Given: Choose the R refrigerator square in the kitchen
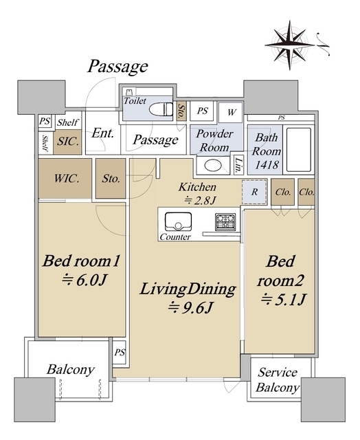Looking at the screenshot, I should click(x=254, y=193).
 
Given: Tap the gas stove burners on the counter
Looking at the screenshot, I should click(x=225, y=223).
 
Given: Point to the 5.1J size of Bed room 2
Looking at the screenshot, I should click(x=282, y=299).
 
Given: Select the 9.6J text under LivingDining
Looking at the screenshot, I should click(x=188, y=308).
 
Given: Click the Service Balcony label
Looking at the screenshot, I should click(x=278, y=380).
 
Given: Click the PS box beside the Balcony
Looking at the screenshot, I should click(x=120, y=352).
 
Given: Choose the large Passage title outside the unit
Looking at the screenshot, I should click(x=117, y=67).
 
